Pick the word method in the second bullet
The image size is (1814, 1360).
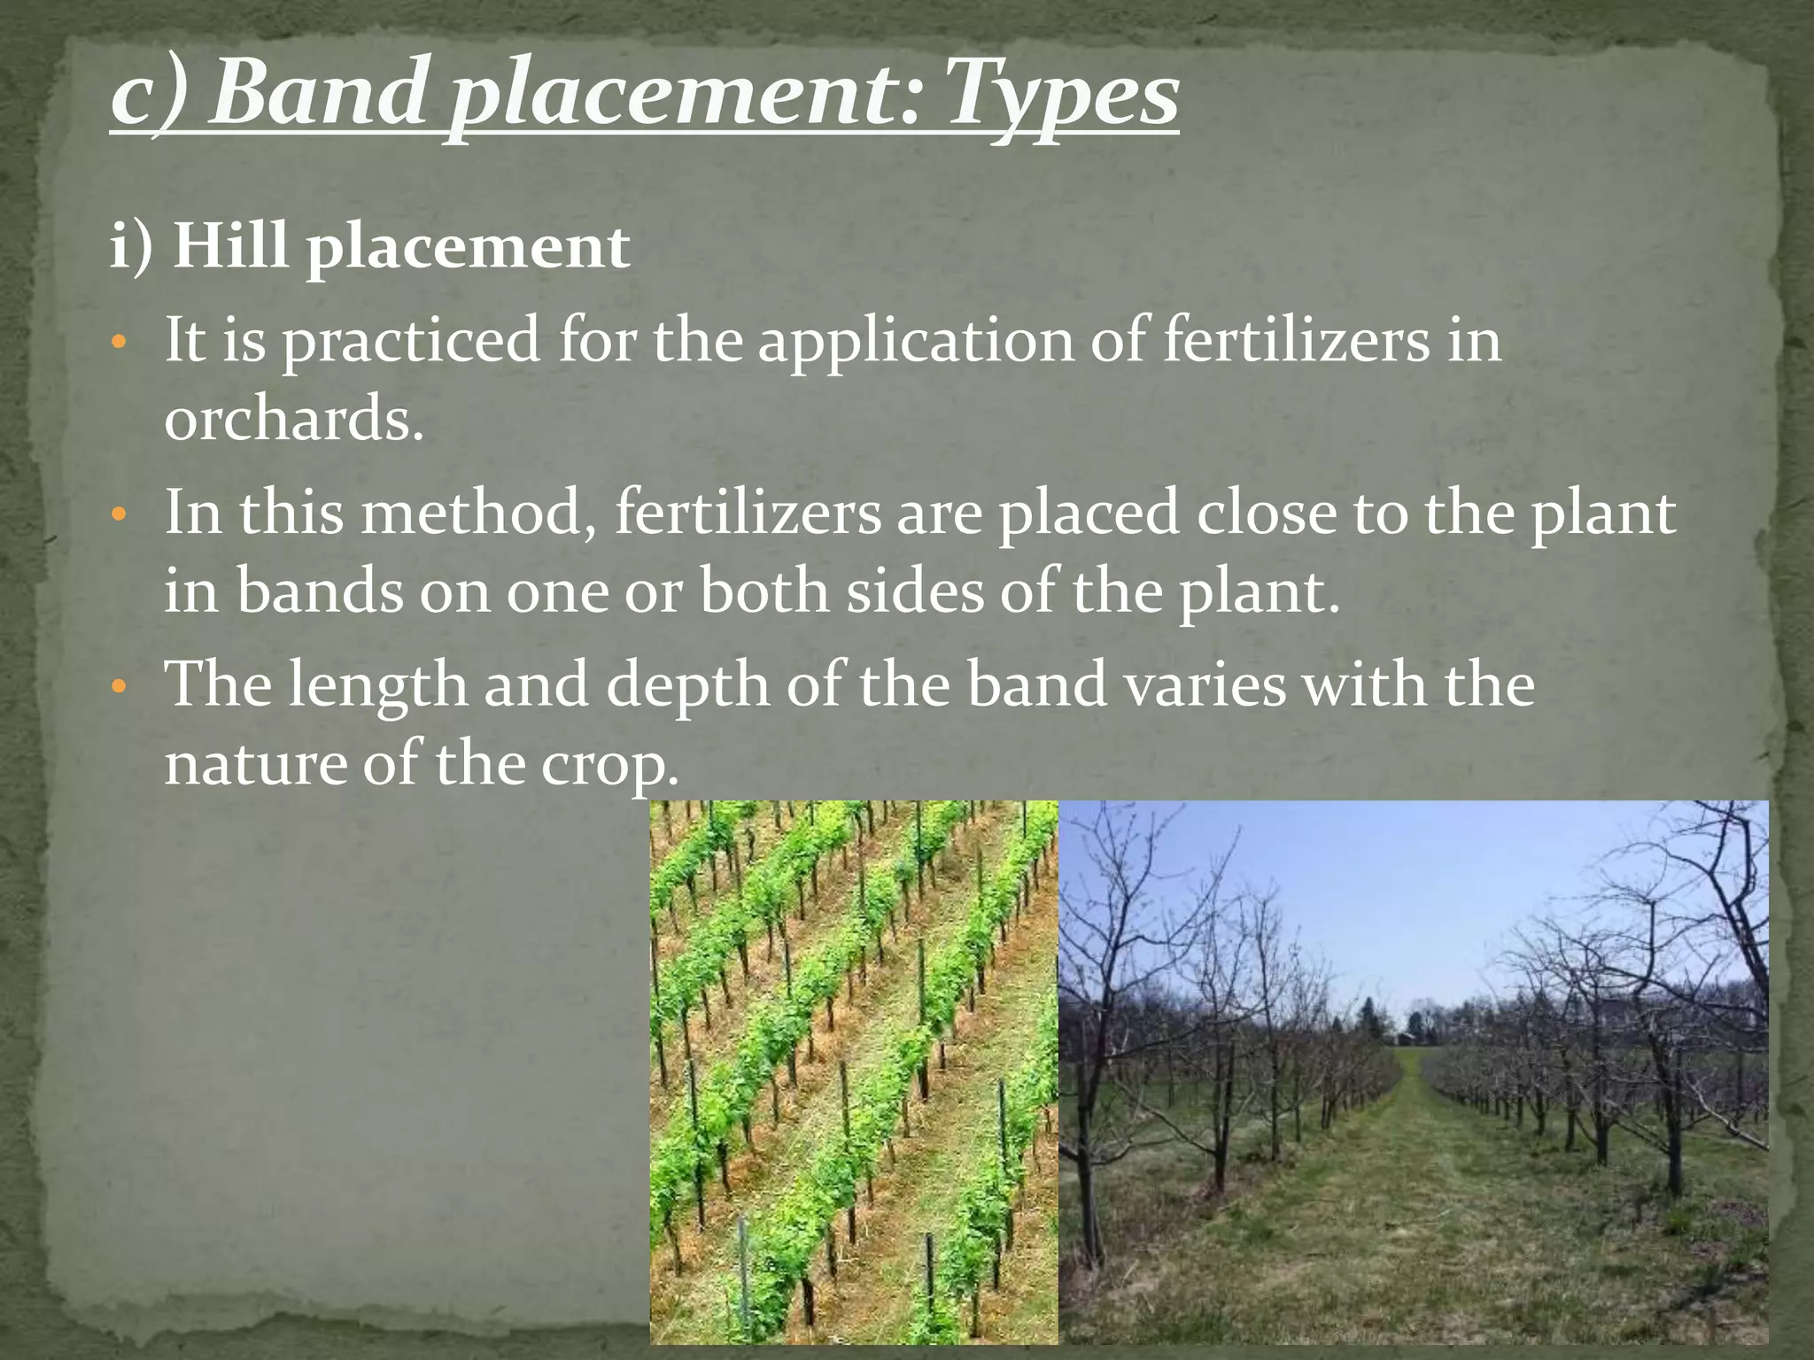tap(477, 513)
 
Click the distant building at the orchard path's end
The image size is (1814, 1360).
tap(1407, 1037)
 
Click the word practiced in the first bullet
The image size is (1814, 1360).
tap(411, 342)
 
